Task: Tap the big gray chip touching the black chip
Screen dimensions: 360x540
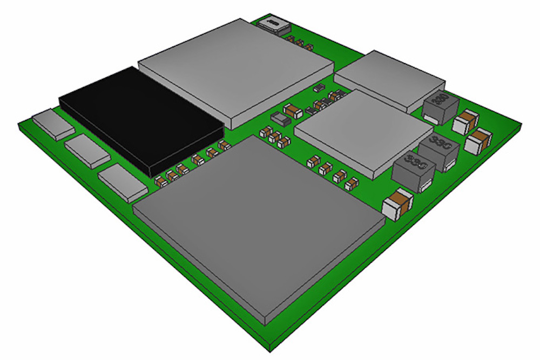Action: [x=235, y=67]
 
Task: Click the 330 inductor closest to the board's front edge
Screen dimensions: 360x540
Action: [x=414, y=173]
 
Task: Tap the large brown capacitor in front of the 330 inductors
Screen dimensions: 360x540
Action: [x=397, y=204]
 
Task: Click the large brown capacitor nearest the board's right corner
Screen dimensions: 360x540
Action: [x=477, y=142]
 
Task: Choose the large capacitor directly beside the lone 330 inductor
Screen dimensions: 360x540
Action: [x=465, y=122]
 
